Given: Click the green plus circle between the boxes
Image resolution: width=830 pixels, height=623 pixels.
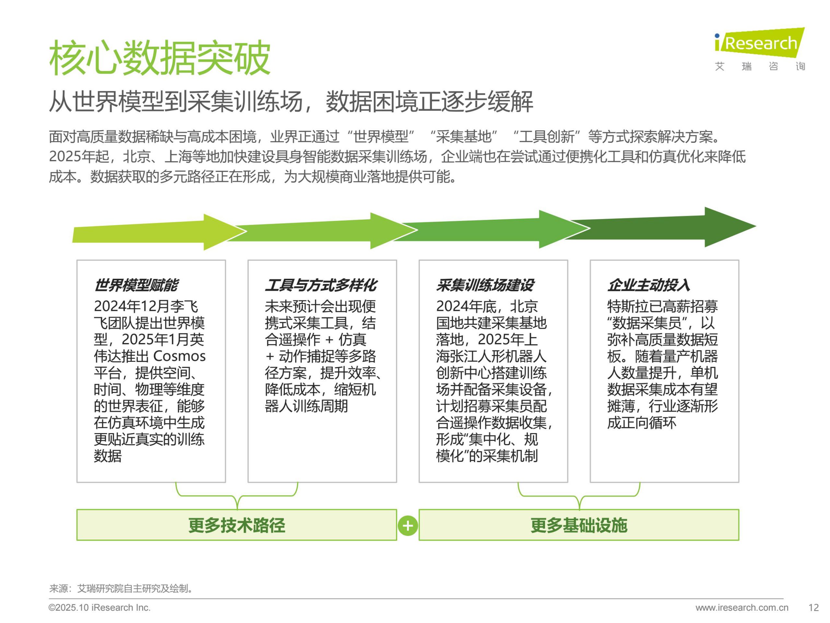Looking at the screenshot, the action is (408, 525).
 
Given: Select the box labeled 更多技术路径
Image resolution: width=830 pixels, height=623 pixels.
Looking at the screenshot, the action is (237, 525).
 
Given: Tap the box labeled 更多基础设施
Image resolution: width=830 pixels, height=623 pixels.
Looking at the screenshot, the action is (579, 525).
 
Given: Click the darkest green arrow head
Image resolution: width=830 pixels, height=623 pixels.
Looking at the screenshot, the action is (730, 227).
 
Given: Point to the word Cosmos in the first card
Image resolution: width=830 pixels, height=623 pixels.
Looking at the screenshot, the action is (179, 356).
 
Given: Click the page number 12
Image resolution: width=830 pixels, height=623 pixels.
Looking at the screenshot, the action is (813, 608).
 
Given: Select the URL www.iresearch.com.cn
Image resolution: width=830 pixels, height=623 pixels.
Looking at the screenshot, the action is (742, 608).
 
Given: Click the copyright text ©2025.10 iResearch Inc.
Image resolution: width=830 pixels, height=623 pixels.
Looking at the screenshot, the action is (100, 608).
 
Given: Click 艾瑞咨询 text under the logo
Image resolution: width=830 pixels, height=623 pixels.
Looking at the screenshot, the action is (760, 67).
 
